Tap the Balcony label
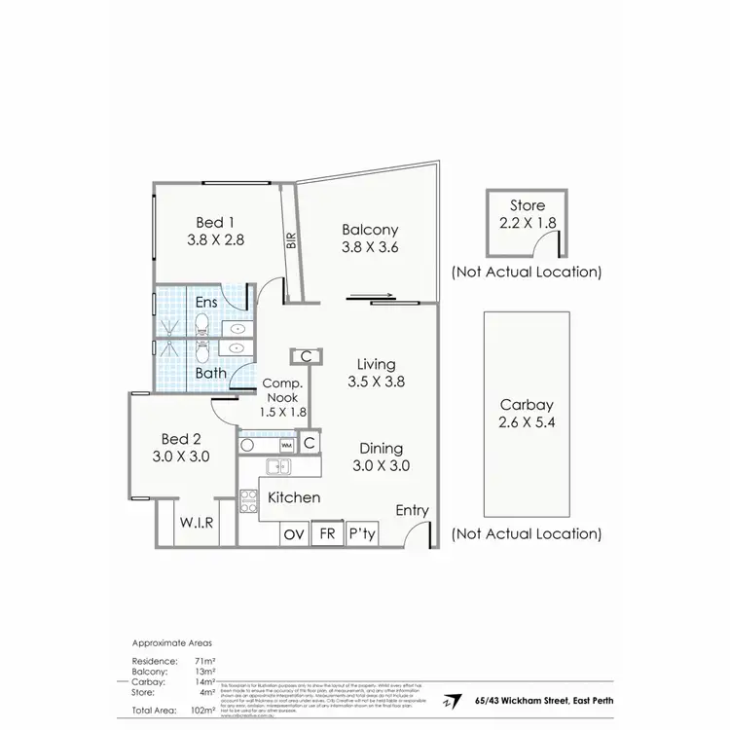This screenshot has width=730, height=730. (370, 230)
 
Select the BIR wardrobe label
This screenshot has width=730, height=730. (291, 239)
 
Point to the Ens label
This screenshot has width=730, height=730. (206, 302)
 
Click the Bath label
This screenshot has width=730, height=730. (210, 372)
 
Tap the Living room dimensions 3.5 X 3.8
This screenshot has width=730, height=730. (376, 382)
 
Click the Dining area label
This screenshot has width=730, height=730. (381, 448)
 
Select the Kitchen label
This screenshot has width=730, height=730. (294, 497)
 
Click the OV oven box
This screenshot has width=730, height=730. (294, 533)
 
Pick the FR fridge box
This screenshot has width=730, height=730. (327, 533)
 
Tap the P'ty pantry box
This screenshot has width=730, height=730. (362, 533)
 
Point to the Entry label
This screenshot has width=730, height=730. (412, 511)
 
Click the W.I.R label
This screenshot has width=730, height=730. (196, 522)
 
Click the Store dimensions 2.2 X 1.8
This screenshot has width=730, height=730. (527, 223)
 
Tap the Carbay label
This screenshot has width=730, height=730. (527, 405)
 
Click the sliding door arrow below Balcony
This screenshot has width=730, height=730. (372, 298)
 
